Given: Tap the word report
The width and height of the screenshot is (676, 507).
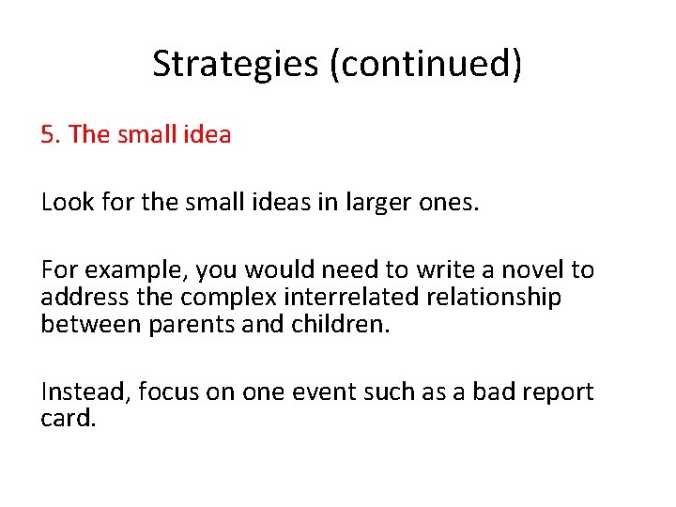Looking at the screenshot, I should coord(557,392).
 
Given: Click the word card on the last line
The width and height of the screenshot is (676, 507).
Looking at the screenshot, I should coord(68,419).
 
